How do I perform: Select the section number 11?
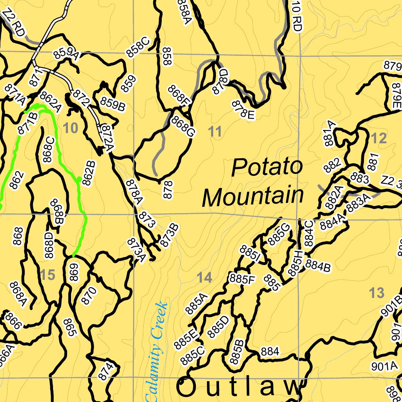[x=215, y=132]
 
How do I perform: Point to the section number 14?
[x=204, y=278]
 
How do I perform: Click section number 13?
[x=376, y=292]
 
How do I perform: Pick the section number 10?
[x=71, y=128]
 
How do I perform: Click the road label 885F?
[x=243, y=279]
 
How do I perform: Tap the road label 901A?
[x=385, y=366]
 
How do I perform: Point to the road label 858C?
[x=137, y=47]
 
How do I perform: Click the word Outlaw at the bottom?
[x=239, y=387]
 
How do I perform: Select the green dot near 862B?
[x=79, y=179]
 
